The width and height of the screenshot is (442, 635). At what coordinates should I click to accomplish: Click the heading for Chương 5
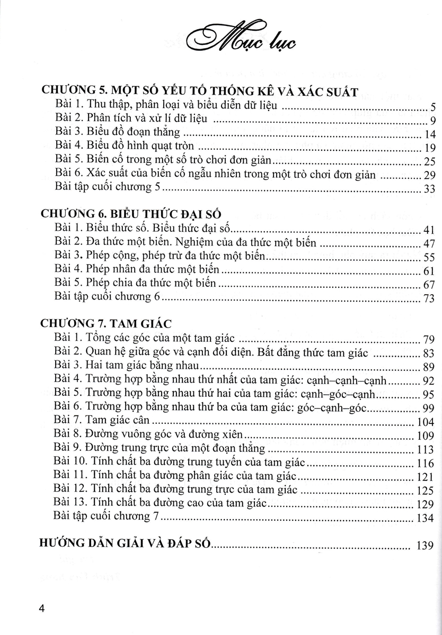(200, 92)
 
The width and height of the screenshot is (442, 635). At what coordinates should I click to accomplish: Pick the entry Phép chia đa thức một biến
(135, 283)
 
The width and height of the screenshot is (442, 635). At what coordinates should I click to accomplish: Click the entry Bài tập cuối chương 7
(111, 517)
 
